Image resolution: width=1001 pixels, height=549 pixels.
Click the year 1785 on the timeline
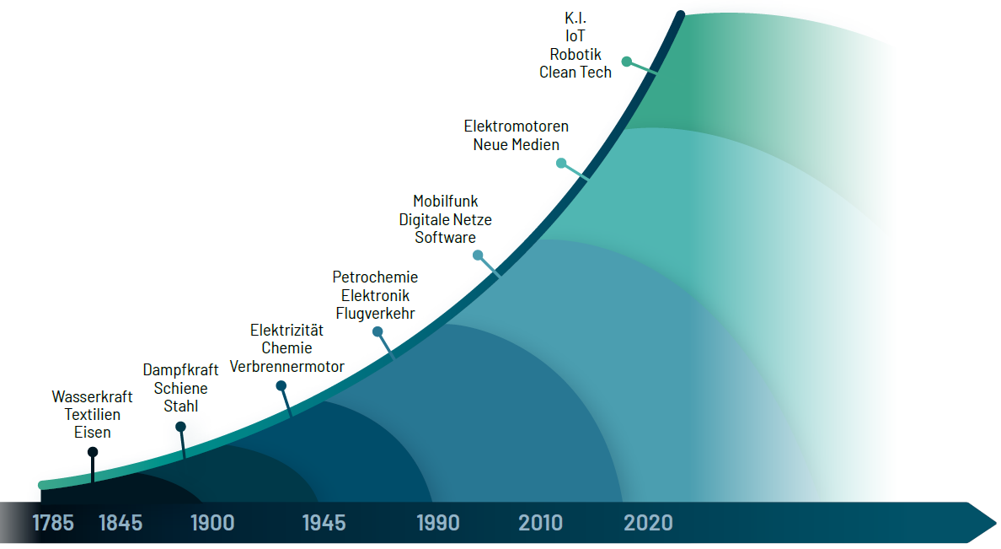point(53,523)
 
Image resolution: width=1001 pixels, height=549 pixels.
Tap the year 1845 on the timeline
point(120,523)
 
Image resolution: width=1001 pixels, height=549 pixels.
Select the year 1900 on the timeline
point(212,523)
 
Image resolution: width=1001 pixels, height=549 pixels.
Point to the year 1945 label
point(324,523)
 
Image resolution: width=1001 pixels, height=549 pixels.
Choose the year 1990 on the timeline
point(438,523)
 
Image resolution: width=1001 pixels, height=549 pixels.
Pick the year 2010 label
point(541,523)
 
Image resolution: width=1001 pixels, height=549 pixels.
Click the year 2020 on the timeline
point(648,523)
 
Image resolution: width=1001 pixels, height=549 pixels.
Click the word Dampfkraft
point(180,369)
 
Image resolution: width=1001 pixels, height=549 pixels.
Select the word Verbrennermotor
point(287,367)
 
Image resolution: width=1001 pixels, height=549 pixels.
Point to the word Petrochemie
point(375,277)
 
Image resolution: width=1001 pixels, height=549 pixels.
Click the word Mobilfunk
point(446,201)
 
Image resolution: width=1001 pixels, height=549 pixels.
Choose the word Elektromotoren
point(517,126)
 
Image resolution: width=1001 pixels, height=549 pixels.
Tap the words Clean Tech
point(575,72)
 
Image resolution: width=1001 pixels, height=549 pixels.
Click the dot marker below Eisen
point(93,452)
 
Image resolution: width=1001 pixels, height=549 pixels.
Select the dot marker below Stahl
point(180,427)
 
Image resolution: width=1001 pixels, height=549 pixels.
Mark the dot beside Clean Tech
point(627,62)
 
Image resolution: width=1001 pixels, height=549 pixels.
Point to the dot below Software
point(478,255)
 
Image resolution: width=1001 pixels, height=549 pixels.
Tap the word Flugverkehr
point(375,314)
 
